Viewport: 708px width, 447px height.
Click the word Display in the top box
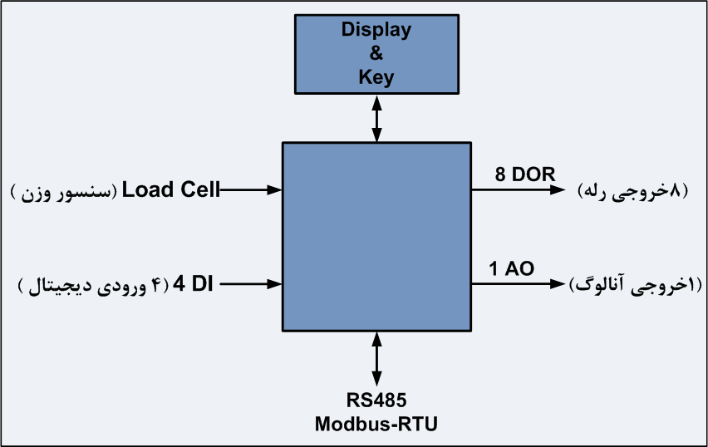click(376, 31)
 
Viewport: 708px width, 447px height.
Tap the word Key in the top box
click(376, 78)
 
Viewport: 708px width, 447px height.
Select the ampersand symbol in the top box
click(376, 55)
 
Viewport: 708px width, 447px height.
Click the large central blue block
click(377, 236)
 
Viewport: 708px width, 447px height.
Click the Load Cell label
click(171, 189)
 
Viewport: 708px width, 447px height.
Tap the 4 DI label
click(193, 284)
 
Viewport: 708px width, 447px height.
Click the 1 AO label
click(511, 268)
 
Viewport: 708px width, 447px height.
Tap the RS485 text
click(376, 400)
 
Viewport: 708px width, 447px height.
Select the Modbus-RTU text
click(376, 424)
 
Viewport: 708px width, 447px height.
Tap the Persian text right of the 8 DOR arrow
click(633, 190)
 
